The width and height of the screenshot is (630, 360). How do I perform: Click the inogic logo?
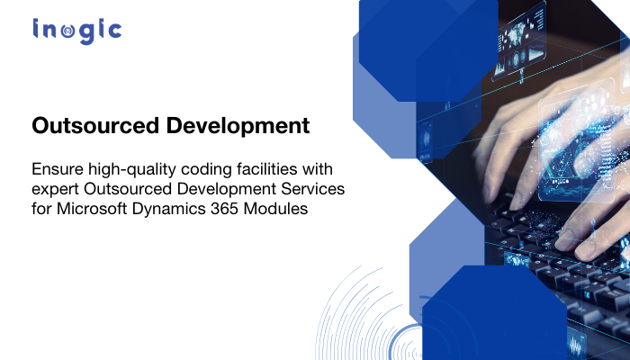[x=76, y=31]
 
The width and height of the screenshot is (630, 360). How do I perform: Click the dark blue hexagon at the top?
[x=427, y=45]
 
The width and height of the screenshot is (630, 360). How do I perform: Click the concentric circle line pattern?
[x=369, y=319]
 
